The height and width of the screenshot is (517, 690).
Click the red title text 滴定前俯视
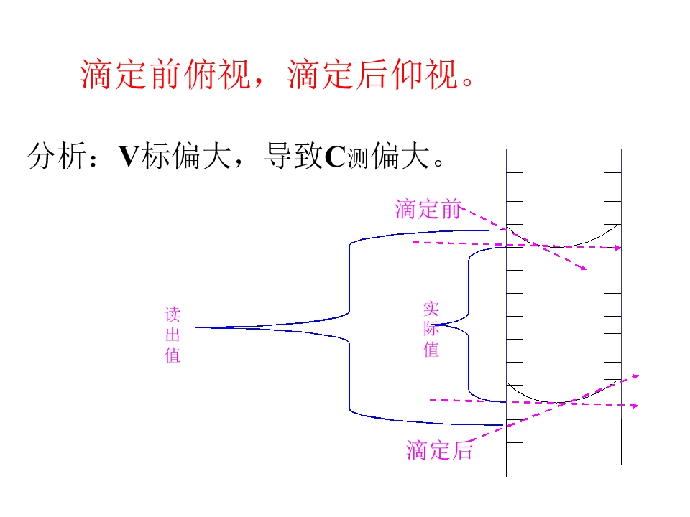pos(166,74)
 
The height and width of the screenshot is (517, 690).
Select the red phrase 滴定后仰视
pos(373,74)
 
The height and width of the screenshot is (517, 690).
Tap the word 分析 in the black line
pos(57,156)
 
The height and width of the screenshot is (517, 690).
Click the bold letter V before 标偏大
pos(129,157)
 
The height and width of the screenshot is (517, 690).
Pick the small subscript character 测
pos(357,159)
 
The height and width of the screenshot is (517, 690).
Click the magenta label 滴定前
pos(428,209)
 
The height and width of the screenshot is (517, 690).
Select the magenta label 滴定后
pos(439,450)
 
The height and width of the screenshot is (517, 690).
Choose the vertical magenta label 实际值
pos(431,329)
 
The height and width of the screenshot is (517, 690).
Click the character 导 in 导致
pos(279,156)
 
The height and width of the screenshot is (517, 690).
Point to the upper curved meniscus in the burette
pos(557,246)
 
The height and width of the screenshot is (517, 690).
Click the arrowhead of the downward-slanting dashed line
pos(584,267)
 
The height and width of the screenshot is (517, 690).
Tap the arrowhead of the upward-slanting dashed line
pos(635,376)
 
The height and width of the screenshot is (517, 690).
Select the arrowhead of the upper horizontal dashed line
pos(618,248)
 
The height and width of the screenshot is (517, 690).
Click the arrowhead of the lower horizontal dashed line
pos(635,405)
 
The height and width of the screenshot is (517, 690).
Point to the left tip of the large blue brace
pos(195,327)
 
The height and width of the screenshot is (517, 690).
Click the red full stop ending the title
pos(468,82)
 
